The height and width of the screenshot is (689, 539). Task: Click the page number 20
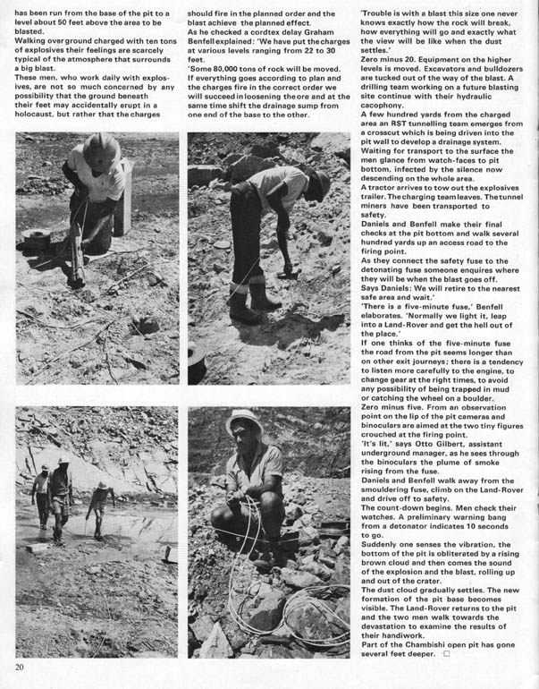click(20, 666)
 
